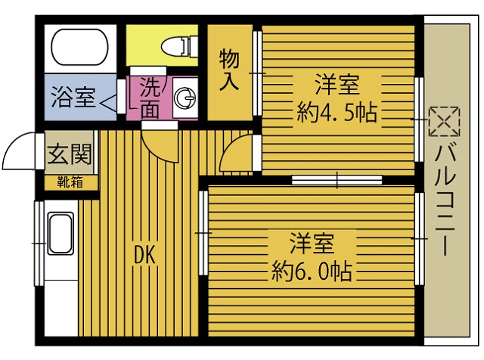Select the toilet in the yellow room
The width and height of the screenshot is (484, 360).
tap(173, 47)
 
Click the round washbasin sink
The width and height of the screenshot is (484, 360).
tap(184, 98)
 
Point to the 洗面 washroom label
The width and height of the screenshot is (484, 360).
tap(150, 98)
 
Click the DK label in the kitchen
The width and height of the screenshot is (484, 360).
tap(144, 256)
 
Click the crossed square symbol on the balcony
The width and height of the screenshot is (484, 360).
tap(444, 120)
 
